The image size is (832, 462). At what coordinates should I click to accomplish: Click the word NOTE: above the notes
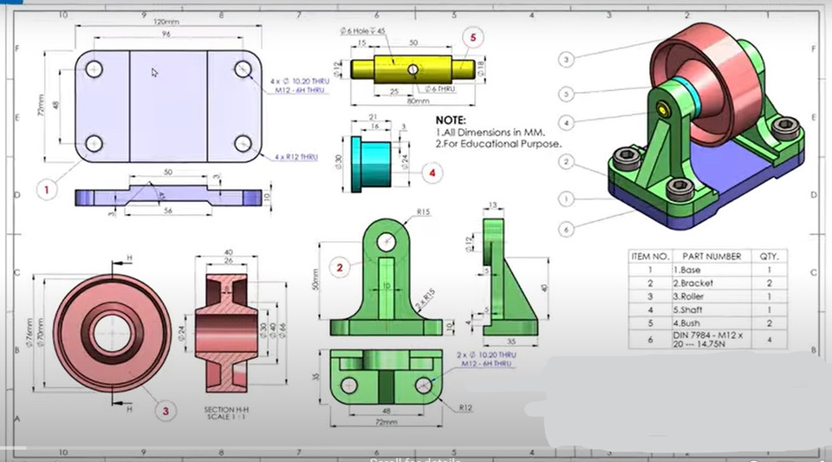coord(451,120)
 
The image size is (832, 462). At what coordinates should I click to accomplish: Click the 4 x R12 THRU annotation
coord(296,157)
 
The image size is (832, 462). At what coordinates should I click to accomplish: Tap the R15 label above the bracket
coord(424,211)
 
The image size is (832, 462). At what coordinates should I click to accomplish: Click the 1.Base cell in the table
coord(686,270)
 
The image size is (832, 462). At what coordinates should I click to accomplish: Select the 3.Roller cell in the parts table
coord(689,296)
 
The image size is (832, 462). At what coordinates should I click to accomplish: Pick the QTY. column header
coord(768,257)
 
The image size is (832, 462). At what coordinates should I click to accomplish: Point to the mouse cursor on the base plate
coord(155,74)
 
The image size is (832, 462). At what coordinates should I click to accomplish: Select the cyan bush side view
coord(369,162)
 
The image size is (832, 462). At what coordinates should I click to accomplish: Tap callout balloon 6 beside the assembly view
coord(564,229)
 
